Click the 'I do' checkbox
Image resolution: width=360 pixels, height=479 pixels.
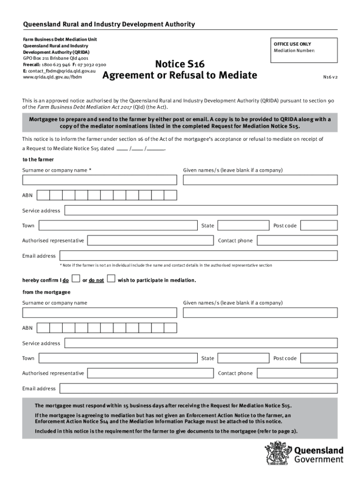76,279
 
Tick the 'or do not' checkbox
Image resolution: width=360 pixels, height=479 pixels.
111,279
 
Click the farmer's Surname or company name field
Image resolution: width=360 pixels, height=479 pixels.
100,180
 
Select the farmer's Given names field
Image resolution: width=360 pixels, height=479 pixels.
260,180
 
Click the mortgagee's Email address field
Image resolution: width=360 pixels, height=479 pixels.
198,389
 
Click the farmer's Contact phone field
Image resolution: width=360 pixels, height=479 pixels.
297,240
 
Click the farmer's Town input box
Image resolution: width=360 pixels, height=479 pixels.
118,225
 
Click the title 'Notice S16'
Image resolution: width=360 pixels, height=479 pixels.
180,64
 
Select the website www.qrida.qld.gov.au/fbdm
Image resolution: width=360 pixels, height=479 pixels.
52,77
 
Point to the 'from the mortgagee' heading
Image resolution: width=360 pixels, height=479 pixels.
46,292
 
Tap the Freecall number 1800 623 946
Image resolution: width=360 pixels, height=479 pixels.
56,65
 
